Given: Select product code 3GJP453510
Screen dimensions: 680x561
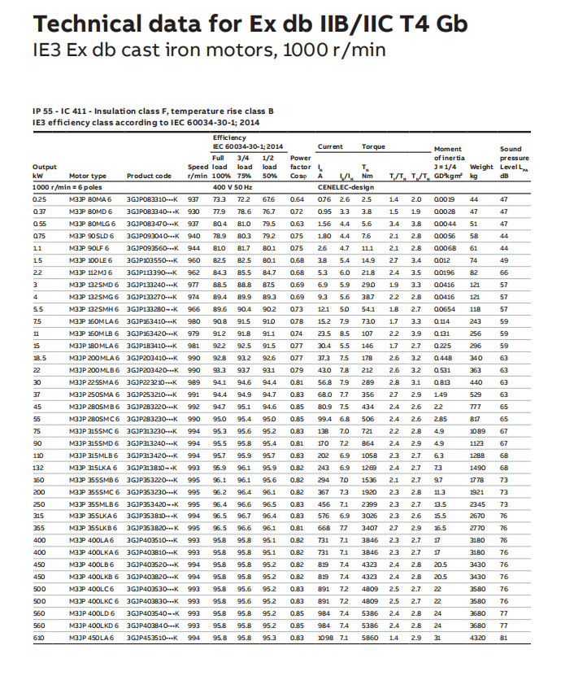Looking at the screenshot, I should [x=152, y=661].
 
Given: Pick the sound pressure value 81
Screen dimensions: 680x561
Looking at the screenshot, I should [x=503, y=661].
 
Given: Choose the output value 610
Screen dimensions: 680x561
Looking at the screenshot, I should [x=38, y=661].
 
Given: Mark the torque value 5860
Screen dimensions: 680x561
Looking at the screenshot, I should [x=369, y=661].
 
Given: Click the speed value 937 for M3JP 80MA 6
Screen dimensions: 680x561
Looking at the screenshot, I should [x=193, y=199].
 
